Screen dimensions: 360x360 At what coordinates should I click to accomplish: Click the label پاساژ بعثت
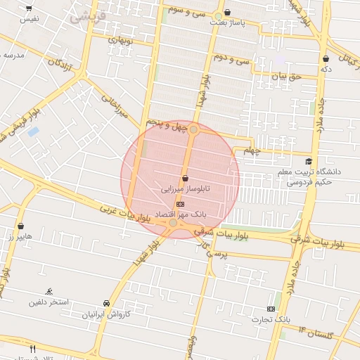click(x=227, y=23)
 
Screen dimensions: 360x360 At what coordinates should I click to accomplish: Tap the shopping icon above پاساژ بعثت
click(x=227, y=12)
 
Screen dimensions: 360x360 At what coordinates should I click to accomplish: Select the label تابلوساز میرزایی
click(x=185, y=189)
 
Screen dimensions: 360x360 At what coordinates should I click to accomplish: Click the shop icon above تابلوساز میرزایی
click(x=185, y=179)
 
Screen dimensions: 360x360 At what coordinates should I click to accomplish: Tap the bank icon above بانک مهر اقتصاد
click(x=180, y=204)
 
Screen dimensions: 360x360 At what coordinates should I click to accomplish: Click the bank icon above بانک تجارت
click(x=271, y=309)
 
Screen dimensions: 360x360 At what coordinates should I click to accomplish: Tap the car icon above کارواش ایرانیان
click(x=105, y=303)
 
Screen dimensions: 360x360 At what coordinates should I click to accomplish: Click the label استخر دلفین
click(x=49, y=302)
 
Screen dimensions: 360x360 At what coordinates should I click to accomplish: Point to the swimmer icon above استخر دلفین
click(x=49, y=291)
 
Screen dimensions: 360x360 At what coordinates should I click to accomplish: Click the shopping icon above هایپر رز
click(x=20, y=226)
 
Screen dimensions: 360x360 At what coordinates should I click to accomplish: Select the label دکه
click(x=326, y=69)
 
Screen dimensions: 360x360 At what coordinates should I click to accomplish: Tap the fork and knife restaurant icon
click(x=32, y=349)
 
